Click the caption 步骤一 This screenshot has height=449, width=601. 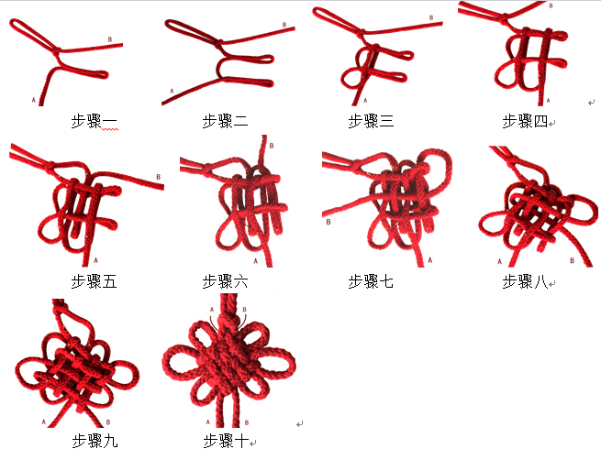[x=94, y=121]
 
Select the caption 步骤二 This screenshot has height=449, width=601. [x=225, y=121]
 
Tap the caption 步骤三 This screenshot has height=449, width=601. [x=371, y=121]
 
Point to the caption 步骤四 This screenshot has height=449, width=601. [x=525, y=121]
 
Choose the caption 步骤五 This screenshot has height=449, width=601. [x=94, y=281]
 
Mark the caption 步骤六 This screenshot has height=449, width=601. [x=225, y=281]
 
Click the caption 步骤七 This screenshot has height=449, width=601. [x=371, y=281]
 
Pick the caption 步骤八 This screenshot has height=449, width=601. [x=525, y=281]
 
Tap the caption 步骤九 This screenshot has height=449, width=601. [x=95, y=441]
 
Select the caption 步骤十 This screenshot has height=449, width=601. [x=226, y=441]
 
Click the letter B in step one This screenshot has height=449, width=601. [x=110, y=39]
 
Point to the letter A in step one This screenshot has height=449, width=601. [x=34, y=100]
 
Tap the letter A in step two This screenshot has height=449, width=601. [x=172, y=91]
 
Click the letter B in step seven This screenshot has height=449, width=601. [x=328, y=222]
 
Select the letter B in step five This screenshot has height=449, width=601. [x=159, y=177]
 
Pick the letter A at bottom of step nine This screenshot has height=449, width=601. [x=44, y=422]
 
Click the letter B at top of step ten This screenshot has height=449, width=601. [x=245, y=310]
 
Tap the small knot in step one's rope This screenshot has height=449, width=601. [x=57, y=51]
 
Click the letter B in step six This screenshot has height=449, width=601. [x=272, y=146]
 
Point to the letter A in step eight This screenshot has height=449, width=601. [x=499, y=261]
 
